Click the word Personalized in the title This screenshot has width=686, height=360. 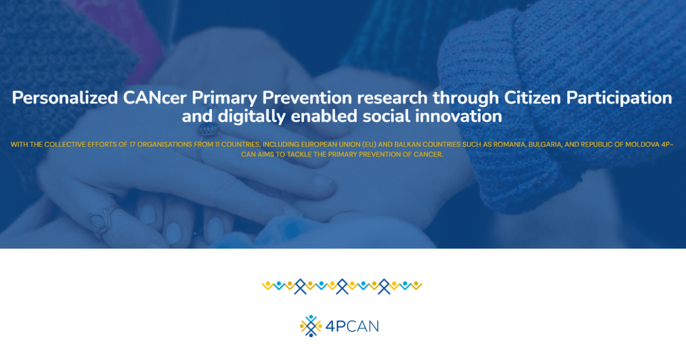coord(65,98)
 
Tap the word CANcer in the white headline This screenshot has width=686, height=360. coord(155,98)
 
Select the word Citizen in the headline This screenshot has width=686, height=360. coord(532,98)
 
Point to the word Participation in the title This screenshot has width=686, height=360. coord(619,98)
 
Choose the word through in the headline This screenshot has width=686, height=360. coord(466,98)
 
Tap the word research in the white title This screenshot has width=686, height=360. coord(392,98)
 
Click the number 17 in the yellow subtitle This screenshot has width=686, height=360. coord(132,145)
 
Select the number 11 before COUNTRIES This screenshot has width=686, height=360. coord(217,145)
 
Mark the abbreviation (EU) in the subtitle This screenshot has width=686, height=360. coord(369,145)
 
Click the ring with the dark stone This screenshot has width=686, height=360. coord(208,130)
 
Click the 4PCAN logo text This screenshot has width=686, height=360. coord(352,326)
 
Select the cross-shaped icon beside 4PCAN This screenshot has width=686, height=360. coord(311,326)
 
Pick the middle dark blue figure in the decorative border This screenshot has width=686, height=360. coord(342,286)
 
